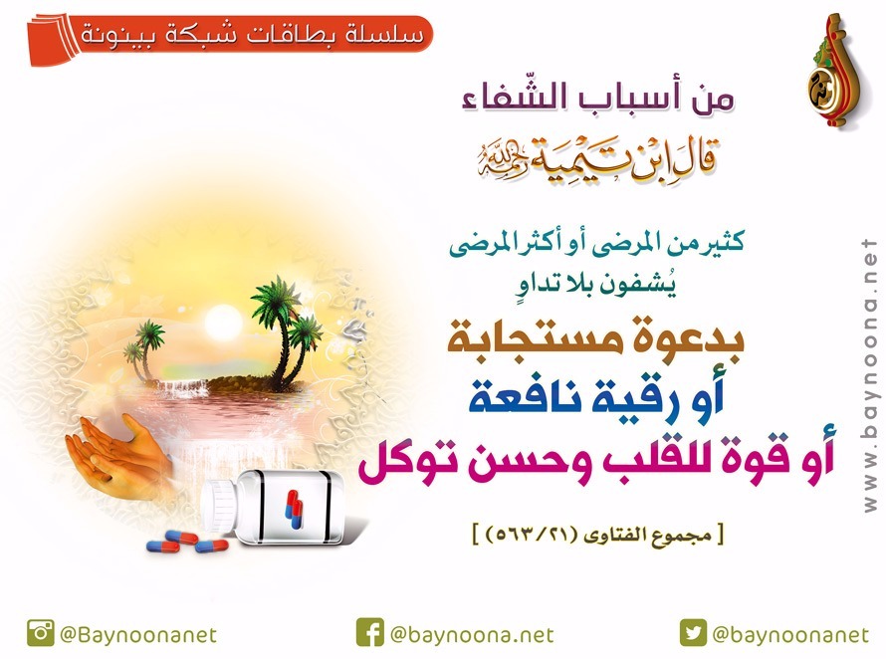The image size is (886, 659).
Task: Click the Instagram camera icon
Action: tap(41, 633)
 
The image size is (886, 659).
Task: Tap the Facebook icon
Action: tap(370, 633)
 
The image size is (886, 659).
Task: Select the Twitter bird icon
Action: tap(693, 633)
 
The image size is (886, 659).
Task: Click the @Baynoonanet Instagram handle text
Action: tap(137, 635)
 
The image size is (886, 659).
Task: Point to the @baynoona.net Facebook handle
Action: tap(472, 635)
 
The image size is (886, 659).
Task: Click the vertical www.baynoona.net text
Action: tap(870, 375)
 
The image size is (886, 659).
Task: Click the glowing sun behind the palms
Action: tap(223, 323)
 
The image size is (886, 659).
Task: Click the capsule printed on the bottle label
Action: tap(294, 509)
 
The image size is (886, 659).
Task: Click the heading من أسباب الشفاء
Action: tap(598, 98)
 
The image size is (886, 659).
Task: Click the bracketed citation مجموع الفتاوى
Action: tap(598, 535)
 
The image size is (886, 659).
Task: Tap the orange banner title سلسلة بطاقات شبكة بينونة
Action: tap(253, 36)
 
